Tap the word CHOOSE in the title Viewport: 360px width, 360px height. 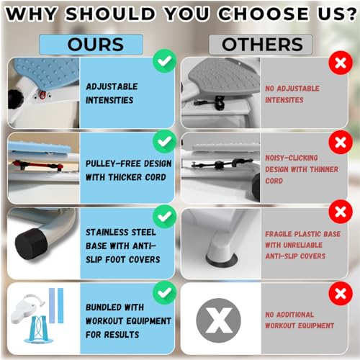click(x=264, y=14)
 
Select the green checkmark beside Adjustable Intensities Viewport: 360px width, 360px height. click(x=164, y=60)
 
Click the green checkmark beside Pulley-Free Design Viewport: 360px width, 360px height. click(x=164, y=142)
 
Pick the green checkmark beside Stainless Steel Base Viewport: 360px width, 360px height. click(x=164, y=217)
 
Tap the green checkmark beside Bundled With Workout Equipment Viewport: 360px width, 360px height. click(x=164, y=292)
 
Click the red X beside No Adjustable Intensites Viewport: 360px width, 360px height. click(x=341, y=63)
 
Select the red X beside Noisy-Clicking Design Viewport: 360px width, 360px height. click(x=341, y=143)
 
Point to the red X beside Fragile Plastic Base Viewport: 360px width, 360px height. click(x=341, y=212)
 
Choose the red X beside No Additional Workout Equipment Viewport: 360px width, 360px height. click(x=341, y=293)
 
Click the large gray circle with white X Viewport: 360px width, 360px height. click(x=218, y=320)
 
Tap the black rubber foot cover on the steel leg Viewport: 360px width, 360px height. click(x=31, y=243)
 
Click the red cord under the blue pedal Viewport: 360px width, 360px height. click(x=36, y=165)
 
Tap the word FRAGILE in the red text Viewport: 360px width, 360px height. click(x=279, y=234)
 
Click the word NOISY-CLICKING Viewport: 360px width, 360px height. click(x=292, y=158)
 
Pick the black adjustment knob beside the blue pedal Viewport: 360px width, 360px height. click(x=15, y=99)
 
